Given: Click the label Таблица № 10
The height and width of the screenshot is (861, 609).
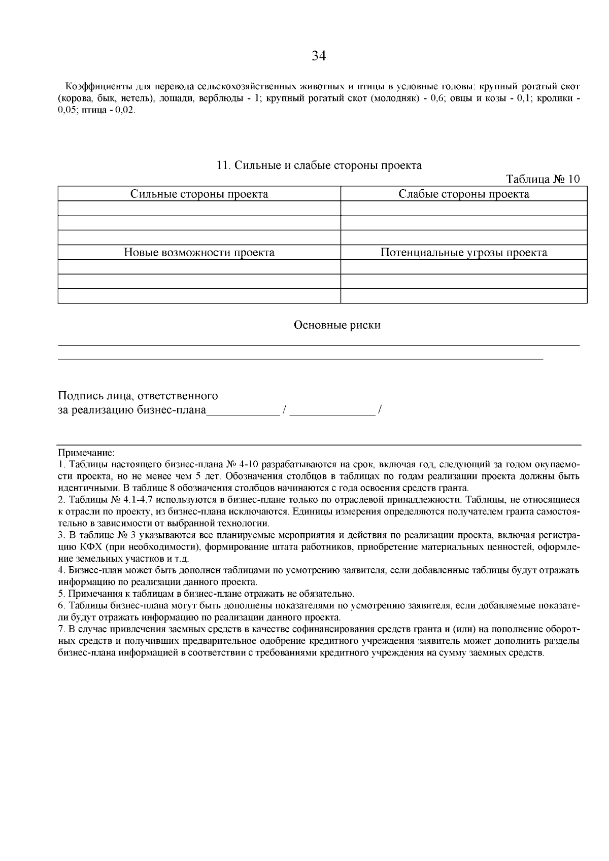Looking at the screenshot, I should point(543,180).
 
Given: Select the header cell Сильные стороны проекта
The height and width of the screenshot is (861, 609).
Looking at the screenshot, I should point(199,194).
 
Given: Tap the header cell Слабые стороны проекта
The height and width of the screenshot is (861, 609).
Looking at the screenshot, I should point(463,194).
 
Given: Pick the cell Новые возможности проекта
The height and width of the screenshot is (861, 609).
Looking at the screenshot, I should point(199,253).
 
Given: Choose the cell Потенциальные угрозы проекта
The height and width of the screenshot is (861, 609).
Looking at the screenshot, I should point(463,253).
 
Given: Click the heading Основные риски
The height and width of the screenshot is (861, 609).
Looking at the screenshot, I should point(337,325).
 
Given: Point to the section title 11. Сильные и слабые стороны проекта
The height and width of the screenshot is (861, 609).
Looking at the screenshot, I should point(319,165).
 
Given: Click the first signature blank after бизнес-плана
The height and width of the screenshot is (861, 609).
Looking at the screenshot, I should point(243,410).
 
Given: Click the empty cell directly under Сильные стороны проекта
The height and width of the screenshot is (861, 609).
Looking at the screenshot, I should point(199,209).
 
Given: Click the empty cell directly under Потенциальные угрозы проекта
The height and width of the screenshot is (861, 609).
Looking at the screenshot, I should point(463,267).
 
